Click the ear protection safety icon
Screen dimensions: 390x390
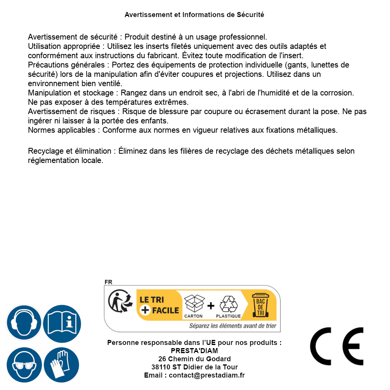tap(24, 323)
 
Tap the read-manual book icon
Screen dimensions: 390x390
tap(62, 323)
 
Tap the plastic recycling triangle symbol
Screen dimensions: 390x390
tap(228, 304)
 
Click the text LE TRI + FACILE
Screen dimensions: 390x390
tap(159, 305)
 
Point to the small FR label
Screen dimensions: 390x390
tap(108, 283)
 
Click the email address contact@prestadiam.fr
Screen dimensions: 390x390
tap(207, 375)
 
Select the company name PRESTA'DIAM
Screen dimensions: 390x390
tap(194, 351)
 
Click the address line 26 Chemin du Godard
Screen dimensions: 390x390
tap(194, 359)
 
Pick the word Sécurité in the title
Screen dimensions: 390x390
tap(250, 15)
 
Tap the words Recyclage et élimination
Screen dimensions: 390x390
tap(69, 151)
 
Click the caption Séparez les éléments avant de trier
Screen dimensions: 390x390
tap(232, 326)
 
